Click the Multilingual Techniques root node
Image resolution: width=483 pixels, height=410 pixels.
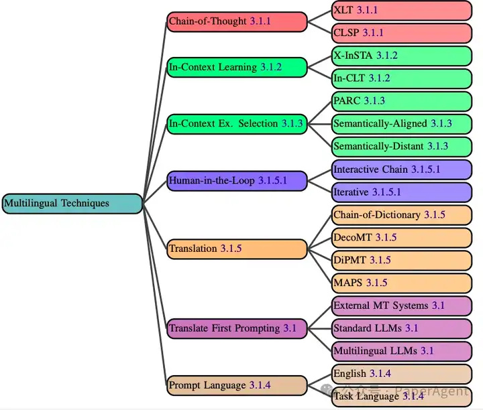(72, 204)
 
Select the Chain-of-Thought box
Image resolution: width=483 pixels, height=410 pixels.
(237, 21)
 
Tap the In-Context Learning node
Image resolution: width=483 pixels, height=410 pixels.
(237, 67)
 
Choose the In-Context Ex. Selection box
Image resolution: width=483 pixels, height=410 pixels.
(237, 124)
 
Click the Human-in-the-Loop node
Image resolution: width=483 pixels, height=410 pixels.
(237, 181)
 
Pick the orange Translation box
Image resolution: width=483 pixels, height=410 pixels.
(237, 249)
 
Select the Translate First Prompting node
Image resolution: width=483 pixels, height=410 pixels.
(237, 328)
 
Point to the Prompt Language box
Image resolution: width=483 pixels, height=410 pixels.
(237, 385)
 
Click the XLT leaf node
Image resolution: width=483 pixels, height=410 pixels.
(401, 10)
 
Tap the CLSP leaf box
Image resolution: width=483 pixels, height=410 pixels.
(401, 33)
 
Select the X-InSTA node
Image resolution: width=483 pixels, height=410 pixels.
(401, 56)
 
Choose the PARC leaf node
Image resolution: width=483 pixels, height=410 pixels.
(401, 101)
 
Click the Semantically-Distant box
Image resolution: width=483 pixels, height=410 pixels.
(401, 147)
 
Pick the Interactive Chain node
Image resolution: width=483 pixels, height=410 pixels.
(401, 169)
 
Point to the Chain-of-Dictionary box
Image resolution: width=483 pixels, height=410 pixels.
(401, 215)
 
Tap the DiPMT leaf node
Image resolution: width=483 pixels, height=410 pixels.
(401, 260)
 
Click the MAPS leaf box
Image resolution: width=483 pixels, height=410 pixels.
(401, 283)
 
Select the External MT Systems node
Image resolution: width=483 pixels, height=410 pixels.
(401, 305)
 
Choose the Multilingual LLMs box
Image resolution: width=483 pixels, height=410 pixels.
(401, 351)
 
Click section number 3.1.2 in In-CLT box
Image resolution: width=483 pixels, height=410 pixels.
(379, 78)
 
